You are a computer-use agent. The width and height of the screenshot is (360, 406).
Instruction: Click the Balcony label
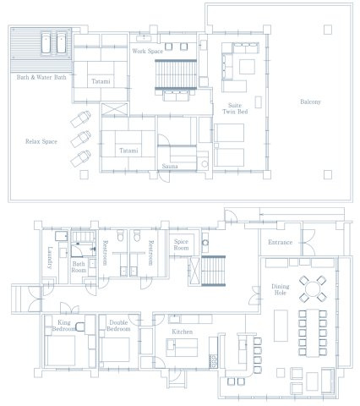[310, 101]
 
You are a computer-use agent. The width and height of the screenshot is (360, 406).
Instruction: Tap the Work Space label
[148, 51]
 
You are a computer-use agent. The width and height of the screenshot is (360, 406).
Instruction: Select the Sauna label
[170, 166]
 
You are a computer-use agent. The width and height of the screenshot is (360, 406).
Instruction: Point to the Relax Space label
[41, 141]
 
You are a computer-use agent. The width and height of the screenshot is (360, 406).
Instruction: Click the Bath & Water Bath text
[41, 77]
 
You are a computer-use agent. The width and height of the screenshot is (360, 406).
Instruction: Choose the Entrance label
[280, 242]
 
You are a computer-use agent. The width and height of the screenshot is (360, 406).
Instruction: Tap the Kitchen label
[183, 332]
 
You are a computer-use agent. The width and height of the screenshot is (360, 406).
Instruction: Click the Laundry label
[50, 258]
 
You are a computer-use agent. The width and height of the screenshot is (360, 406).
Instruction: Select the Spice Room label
[181, 244]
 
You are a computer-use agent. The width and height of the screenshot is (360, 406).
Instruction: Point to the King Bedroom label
[63, 326]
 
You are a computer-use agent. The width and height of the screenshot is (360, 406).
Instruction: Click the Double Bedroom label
[118, 326]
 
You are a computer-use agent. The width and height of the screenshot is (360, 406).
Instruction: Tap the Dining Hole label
[281, 289]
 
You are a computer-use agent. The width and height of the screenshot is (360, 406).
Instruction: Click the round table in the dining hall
[313, 289]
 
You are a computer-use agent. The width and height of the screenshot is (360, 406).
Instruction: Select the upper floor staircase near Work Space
[176, 74]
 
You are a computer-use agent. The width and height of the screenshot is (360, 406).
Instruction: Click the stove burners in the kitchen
[213, 361]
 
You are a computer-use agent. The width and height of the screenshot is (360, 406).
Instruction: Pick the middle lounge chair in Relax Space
[80, 139]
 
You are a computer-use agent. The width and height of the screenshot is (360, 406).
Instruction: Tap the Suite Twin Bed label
[235, 108]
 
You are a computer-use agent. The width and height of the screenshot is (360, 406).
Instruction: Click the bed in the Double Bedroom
[116, 349]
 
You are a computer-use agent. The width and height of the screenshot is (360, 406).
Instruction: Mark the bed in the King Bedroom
[60, 350]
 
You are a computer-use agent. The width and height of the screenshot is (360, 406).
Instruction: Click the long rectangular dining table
[313, 333]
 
